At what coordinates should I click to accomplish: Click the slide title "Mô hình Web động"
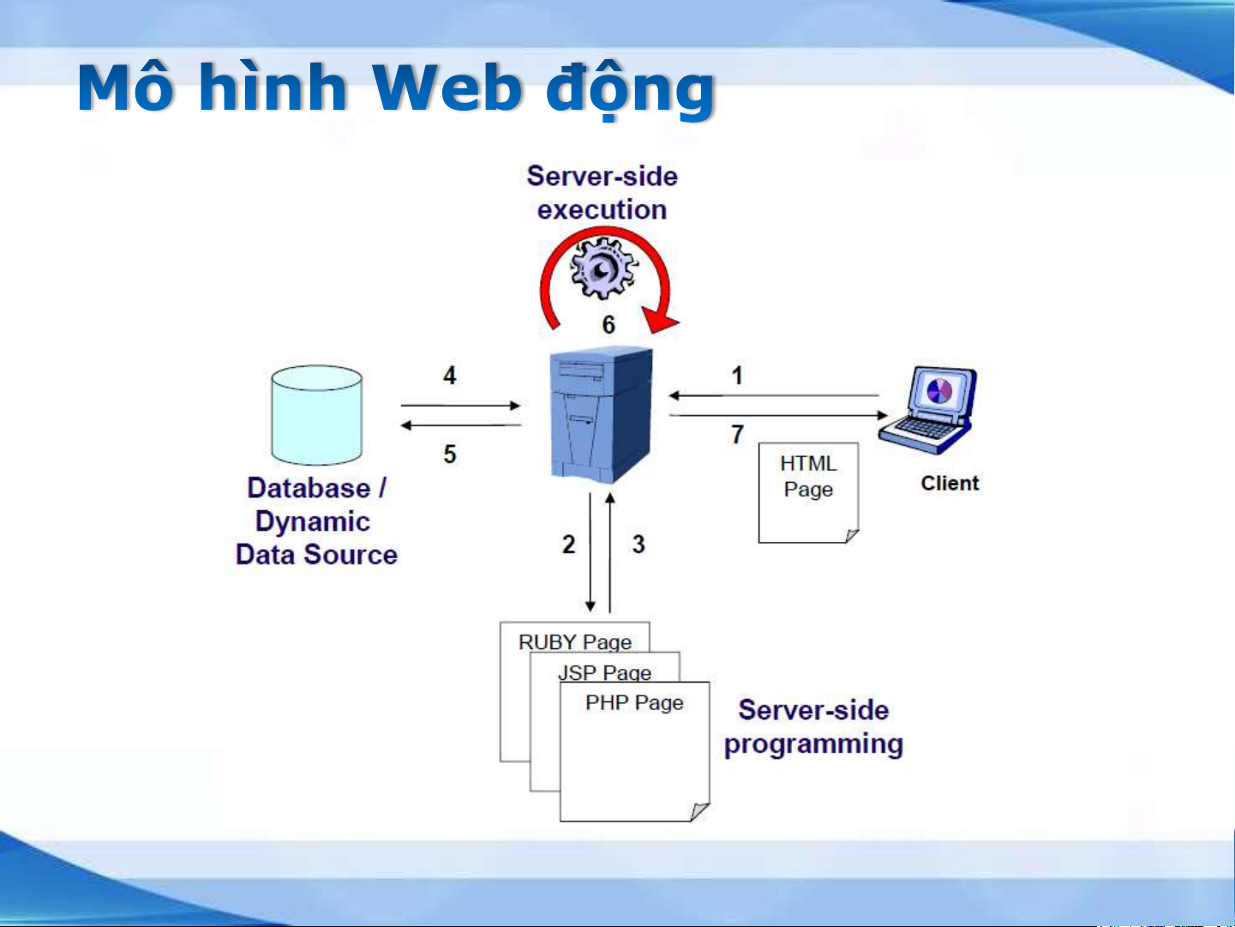(x=396, y=88)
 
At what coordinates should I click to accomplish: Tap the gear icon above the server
(x=604, y=269)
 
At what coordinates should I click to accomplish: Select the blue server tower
(x=601, y=415)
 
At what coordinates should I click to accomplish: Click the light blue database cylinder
(x=316, y=415)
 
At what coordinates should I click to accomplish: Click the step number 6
(x=609, y=325)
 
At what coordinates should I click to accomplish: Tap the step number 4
(x=449, y=376)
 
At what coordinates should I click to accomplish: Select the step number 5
(x=449, y=454)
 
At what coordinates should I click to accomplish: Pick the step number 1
(x=737, y=376)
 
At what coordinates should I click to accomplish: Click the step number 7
(x=737, y=435)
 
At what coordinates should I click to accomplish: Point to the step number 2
(x=568, y=544)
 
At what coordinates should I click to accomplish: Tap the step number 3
(x=638, y=544)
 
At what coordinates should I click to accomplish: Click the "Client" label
(x=950, y=484)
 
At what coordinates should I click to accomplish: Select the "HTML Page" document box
(x=808, y=492)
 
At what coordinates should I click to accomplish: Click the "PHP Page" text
(x=634, y=703)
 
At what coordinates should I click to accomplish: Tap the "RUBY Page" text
(x=575, y=641)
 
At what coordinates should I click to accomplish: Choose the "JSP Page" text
(x=605, y=672)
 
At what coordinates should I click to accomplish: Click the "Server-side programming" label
(x=813, y=727)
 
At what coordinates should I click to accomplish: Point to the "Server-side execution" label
(x=602, y=193)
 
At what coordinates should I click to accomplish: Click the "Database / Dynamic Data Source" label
(x=316, y=521)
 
